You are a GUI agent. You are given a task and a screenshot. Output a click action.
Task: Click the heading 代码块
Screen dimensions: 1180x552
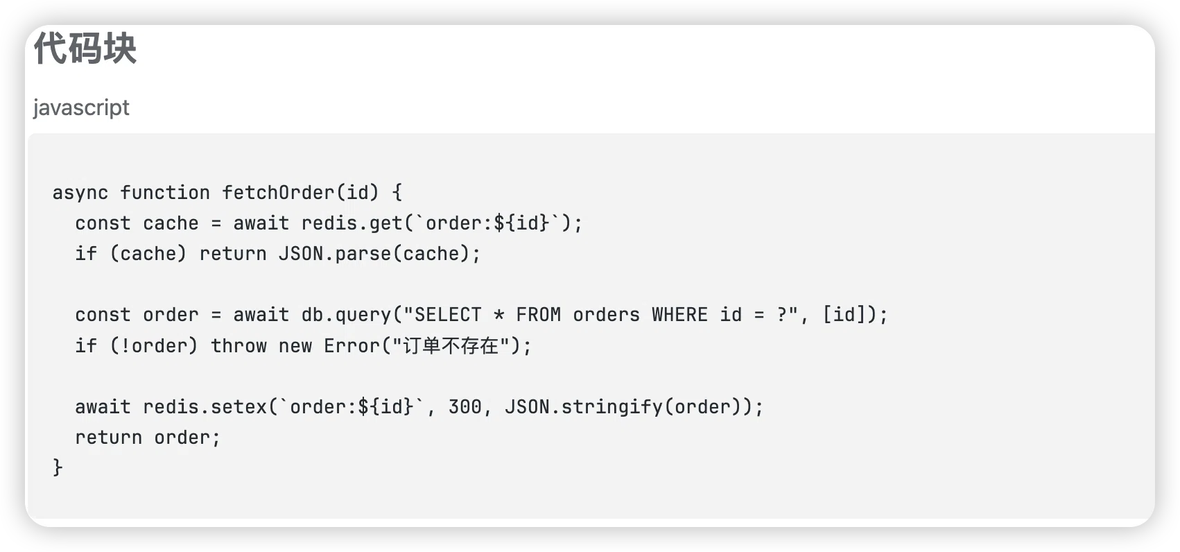pos(85,49)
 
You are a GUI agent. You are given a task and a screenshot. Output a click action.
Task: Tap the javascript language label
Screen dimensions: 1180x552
pos(81,108)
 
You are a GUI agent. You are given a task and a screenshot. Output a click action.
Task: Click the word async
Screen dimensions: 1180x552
pos(80,193)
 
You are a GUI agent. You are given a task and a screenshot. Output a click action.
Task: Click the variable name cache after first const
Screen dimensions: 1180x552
pos(171,223)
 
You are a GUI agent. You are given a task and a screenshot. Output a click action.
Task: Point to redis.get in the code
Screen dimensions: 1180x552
pos(352,223)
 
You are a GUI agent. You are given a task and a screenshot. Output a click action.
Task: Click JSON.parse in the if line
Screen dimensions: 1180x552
pos(335,254)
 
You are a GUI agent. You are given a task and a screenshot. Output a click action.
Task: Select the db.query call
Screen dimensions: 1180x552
pos(345,315)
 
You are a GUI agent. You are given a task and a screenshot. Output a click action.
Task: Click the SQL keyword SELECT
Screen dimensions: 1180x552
pos(448,315)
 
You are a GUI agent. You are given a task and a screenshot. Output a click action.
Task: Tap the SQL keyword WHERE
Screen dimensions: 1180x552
pos(679,315)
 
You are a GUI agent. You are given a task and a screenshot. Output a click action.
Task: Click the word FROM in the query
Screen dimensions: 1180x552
pos(539,315)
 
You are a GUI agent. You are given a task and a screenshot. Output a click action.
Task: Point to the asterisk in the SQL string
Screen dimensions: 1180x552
pos(498,316)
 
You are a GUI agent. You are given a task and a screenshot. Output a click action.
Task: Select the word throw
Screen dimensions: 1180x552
pos(238,346)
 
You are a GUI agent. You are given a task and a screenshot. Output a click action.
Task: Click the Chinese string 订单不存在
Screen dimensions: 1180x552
pos(451,346)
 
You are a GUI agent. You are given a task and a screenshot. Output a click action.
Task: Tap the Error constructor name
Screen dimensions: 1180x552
pos(352,346)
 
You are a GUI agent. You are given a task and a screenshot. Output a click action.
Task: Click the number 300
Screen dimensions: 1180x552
pos(465,407)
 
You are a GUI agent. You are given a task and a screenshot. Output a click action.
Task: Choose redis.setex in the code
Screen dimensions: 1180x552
pos(205,407)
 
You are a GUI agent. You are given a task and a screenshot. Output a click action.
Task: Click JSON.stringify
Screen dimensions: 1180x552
pos(583,407)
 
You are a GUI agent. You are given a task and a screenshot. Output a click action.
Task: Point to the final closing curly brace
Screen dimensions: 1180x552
pos(58,467)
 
